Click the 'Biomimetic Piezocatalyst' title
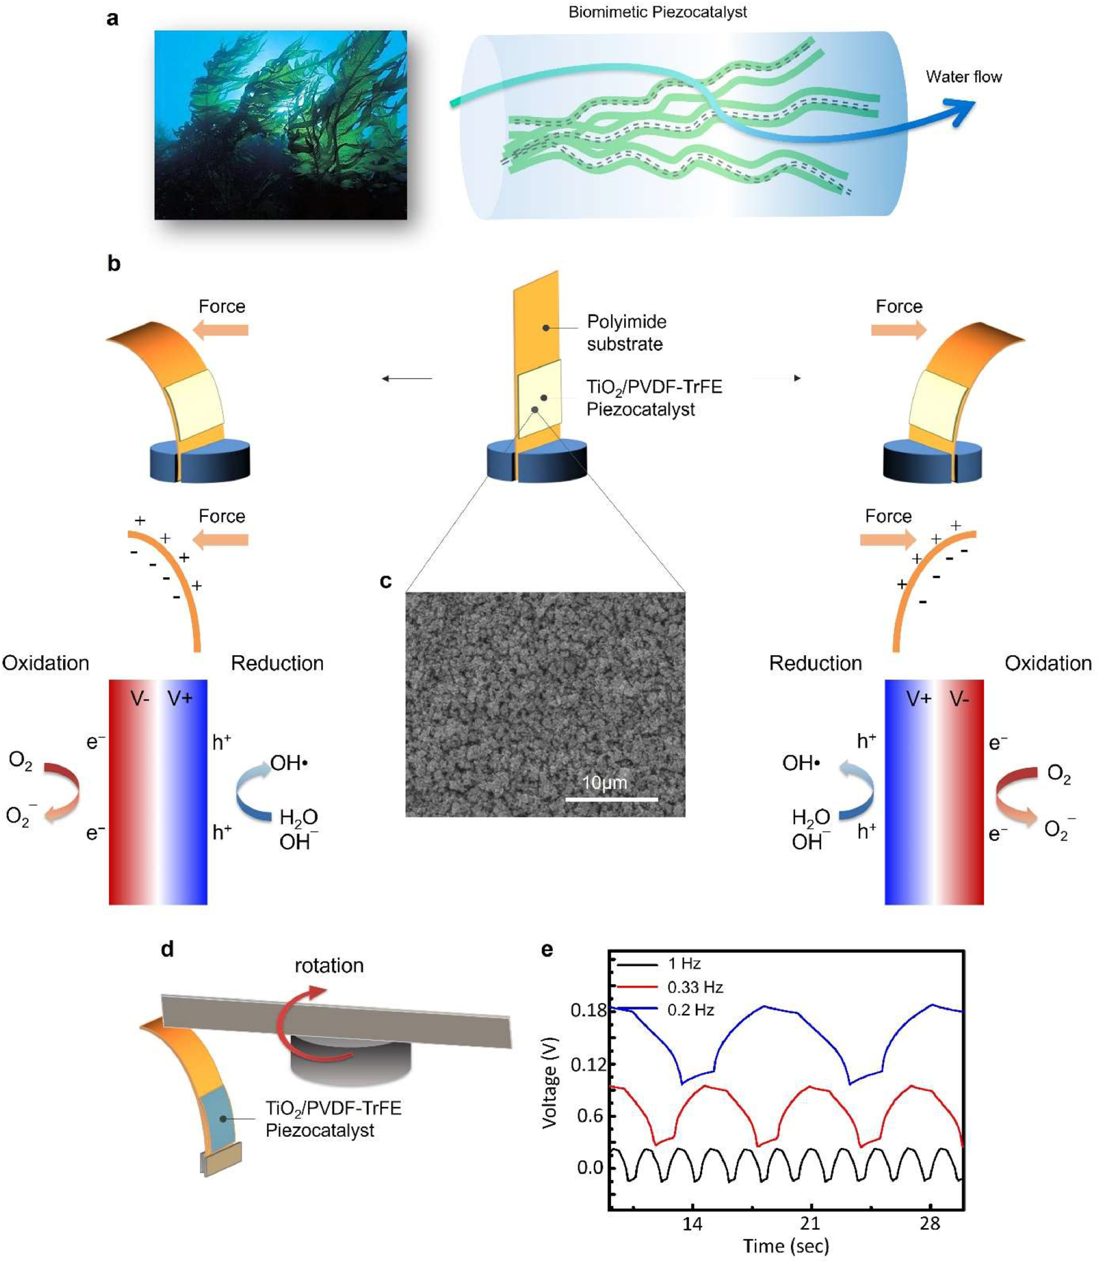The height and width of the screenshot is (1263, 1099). click(657, 12)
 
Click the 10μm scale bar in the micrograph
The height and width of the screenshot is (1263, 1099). click(611, 799)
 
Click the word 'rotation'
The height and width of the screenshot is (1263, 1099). click(329, 966)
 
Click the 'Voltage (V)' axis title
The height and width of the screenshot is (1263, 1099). click(550, 1083)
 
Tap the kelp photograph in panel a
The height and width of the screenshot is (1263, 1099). click(280, 125)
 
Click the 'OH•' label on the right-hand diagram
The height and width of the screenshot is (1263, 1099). click(801, 763)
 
